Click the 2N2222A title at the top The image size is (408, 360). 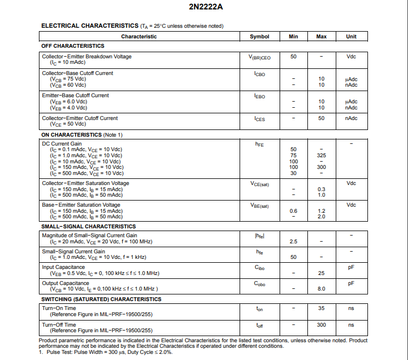203,7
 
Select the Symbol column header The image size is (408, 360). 259,37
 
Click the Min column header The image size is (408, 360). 293,37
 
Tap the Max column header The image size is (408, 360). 321,37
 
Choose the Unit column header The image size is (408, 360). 351,37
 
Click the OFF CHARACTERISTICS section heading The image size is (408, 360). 73,46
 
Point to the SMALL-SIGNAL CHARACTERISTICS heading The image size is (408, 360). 88,227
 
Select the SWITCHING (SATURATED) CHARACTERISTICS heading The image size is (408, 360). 101,299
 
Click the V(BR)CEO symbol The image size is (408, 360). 259,57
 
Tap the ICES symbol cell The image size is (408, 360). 259,119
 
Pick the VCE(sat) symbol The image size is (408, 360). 259,184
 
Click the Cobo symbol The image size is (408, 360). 259,284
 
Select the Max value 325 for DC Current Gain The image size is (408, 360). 321,156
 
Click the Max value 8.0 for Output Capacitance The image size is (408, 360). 321,289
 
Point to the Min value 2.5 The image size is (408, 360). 293,242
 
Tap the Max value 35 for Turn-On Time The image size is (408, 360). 321,308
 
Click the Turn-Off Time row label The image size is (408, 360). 59,325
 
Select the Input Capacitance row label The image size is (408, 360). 63,267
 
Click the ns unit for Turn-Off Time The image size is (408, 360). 351,325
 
